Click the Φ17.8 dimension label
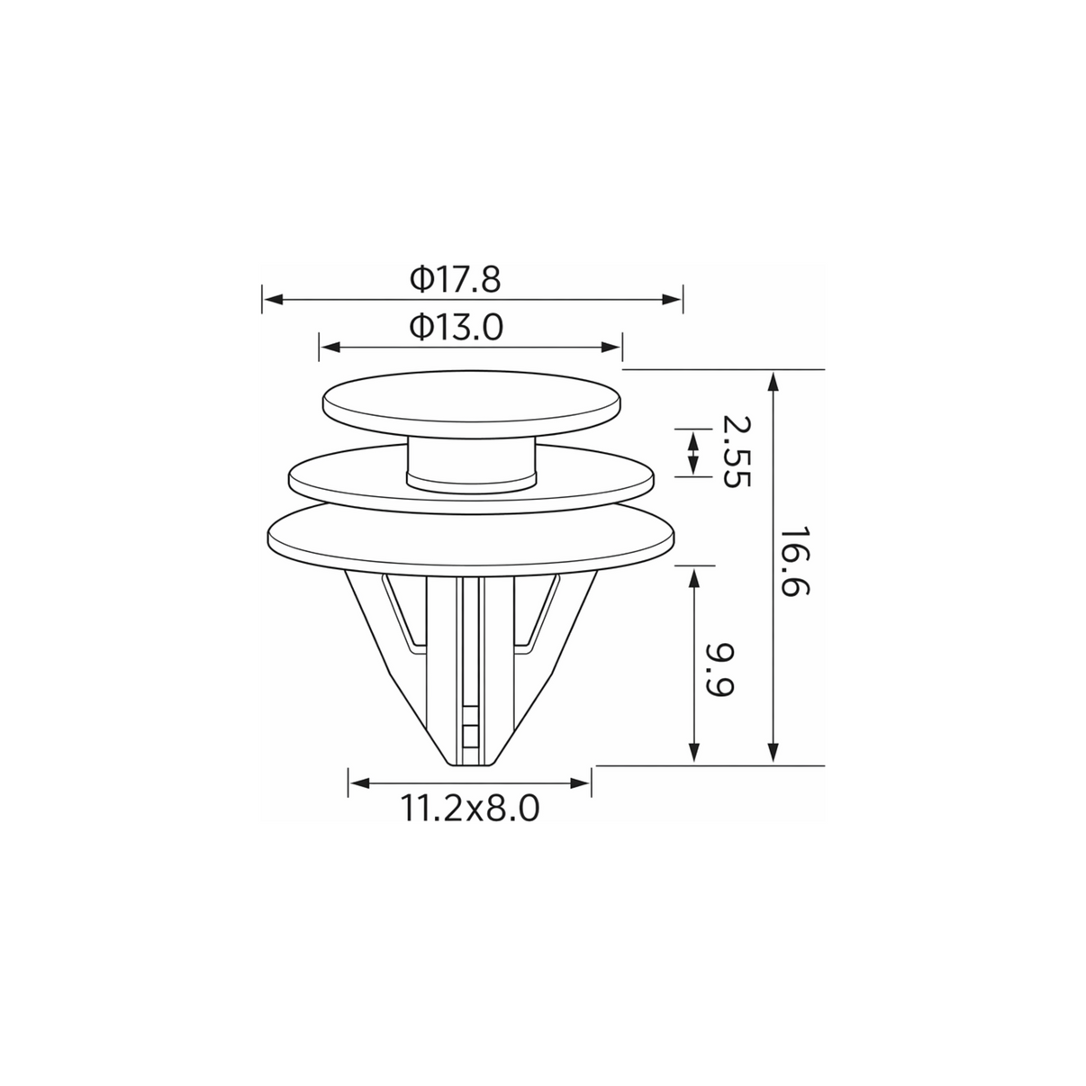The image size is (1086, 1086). coord(455,280)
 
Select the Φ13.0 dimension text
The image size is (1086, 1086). coord(456,328)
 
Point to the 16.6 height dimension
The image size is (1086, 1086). coord(794,563)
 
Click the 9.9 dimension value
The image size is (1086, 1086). coord(719,670)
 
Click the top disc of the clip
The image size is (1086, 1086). coord(472,403)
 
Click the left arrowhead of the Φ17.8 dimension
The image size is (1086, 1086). coord(273,299)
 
